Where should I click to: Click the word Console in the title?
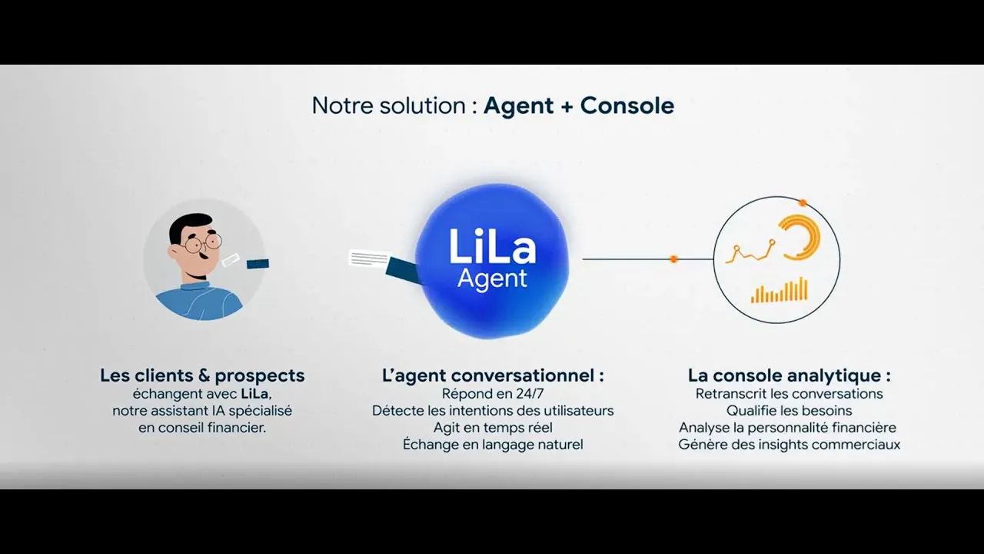point(627,105)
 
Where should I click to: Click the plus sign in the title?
point(567,106)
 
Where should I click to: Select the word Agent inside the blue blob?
point(492,279)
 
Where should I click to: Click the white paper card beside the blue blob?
point(369,258)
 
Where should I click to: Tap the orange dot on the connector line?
point(673,259)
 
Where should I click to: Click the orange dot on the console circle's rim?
point(803,202)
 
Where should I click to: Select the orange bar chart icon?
point(780,290)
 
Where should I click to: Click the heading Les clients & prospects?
point(202,375)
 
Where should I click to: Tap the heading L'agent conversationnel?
point(493,375)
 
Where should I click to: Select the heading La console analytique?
point(789,375)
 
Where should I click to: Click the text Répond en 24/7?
point(493,393)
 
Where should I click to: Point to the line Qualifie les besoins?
point(789,411)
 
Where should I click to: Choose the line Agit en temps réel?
point(493,428)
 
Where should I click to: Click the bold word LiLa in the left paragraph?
point(254,393)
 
